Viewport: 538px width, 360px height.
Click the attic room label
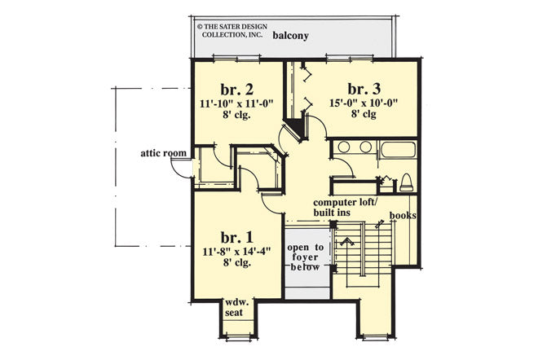click(x=165, y=152)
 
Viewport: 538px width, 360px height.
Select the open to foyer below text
click(x=306, y=261)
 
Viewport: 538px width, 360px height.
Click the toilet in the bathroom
click(x=405, y=181)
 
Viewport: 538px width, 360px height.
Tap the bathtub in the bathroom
click(x=398, y=149)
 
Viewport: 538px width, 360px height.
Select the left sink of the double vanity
click(x=344, y=147)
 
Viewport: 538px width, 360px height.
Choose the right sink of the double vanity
click(x=364, y=147)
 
